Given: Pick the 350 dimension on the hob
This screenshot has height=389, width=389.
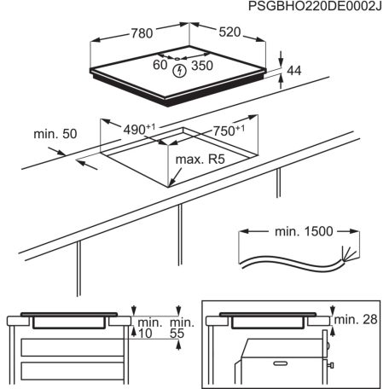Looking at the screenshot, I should click(203, 66).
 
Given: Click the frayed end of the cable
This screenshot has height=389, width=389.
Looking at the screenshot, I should click(345, 252).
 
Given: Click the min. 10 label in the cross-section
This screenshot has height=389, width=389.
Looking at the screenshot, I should click(150, 329).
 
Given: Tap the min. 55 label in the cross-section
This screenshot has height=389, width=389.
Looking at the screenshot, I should click(180, 329).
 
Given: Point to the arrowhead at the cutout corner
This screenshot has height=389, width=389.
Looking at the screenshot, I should click(172, 183).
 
